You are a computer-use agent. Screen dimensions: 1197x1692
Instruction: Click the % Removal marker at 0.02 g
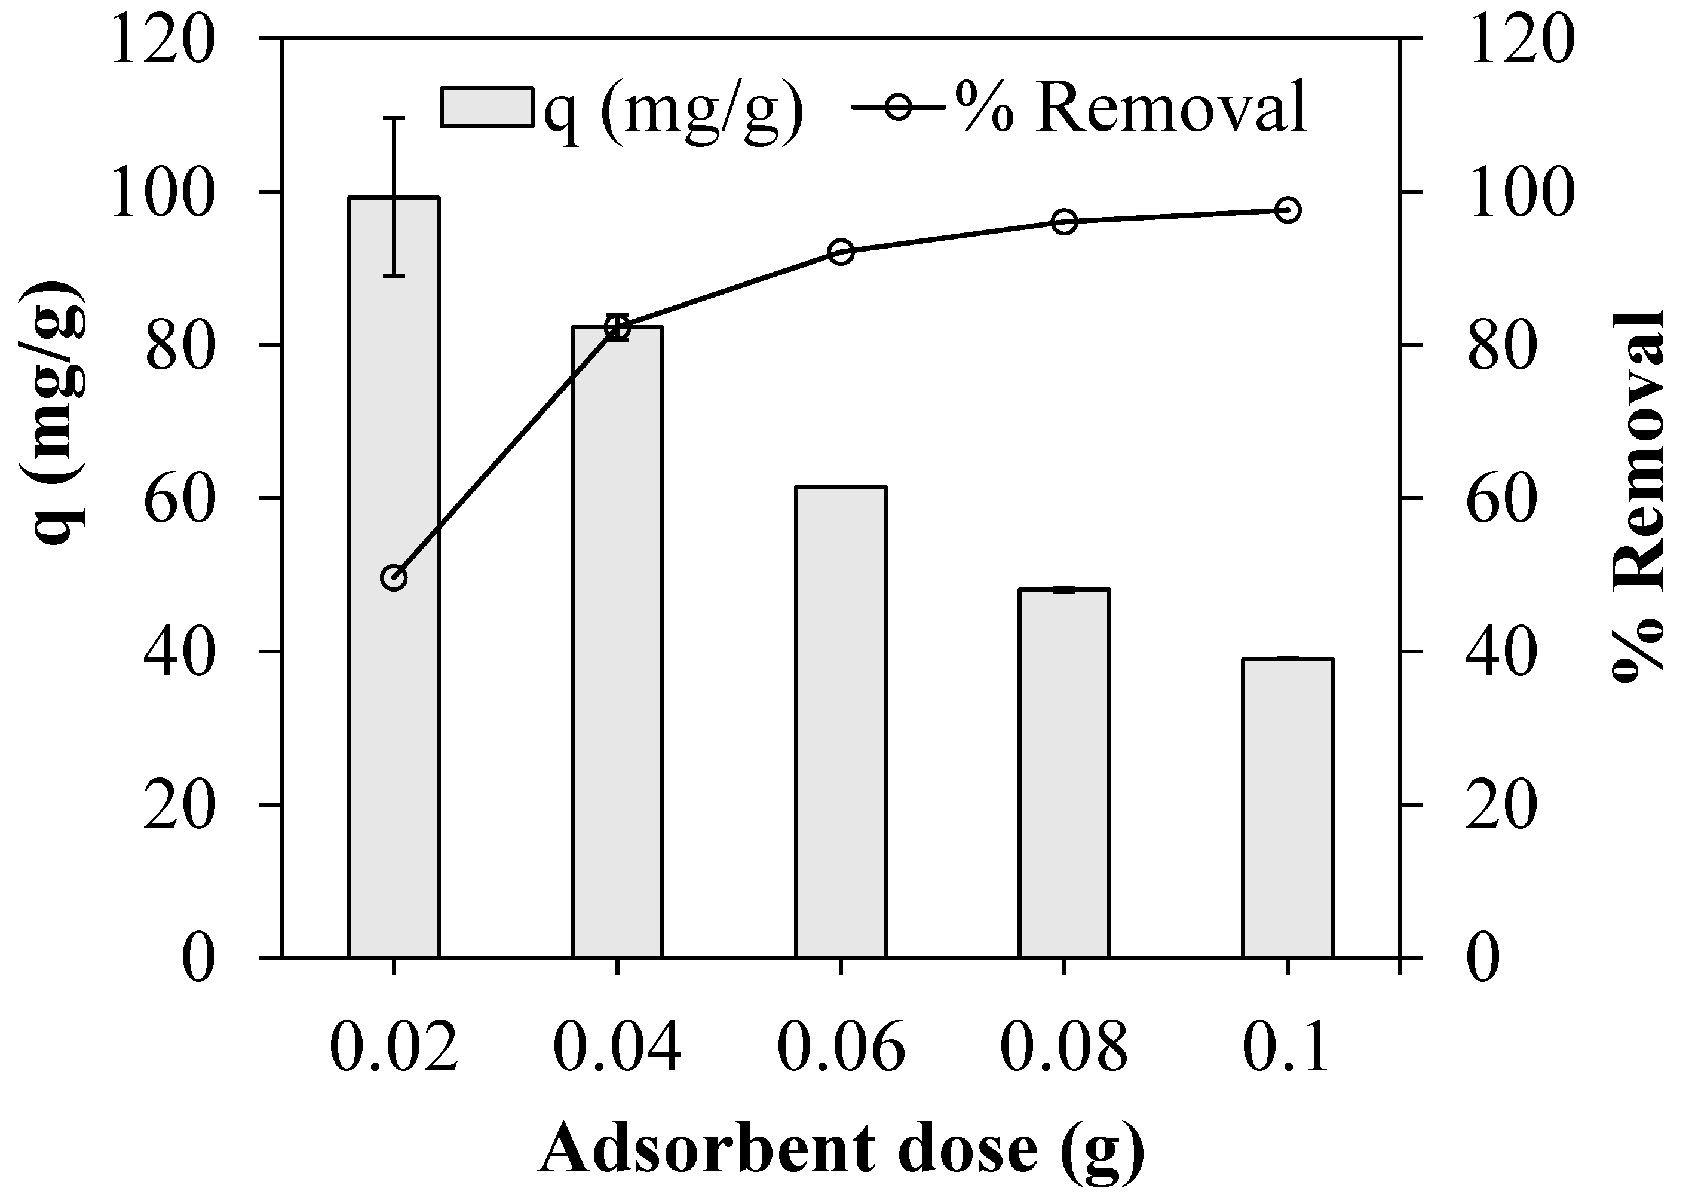394,578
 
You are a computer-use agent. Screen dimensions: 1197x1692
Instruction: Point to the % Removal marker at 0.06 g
841,252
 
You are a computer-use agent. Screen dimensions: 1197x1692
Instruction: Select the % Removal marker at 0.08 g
1064,221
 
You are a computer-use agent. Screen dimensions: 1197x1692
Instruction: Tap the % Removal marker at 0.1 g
1288,211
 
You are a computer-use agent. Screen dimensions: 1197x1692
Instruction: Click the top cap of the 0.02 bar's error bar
395,118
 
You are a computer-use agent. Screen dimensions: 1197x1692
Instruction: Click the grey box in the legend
486,108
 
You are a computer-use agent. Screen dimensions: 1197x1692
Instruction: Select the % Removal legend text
1131,108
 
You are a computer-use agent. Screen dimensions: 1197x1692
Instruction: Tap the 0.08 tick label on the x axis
1063,1046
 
